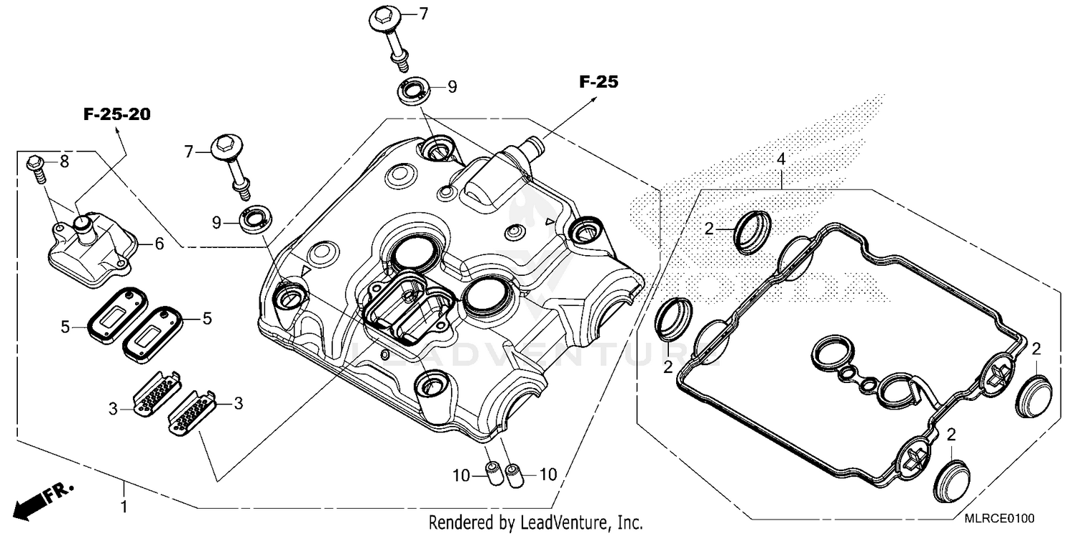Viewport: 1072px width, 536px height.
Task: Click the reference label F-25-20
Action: [x=117, y=115]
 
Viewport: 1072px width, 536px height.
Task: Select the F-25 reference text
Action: [x=598, y=82]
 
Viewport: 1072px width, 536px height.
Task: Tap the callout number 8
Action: [x=64, y=162]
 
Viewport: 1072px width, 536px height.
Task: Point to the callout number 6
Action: [x=159, y=244]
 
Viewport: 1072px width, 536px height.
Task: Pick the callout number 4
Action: [x=781, y=159]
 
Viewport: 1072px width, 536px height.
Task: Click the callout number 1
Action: [x=124, y=507]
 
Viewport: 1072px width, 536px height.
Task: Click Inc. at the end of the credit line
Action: [x=628, y=522]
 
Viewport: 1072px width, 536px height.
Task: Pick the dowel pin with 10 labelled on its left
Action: [x=492, y=472]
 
